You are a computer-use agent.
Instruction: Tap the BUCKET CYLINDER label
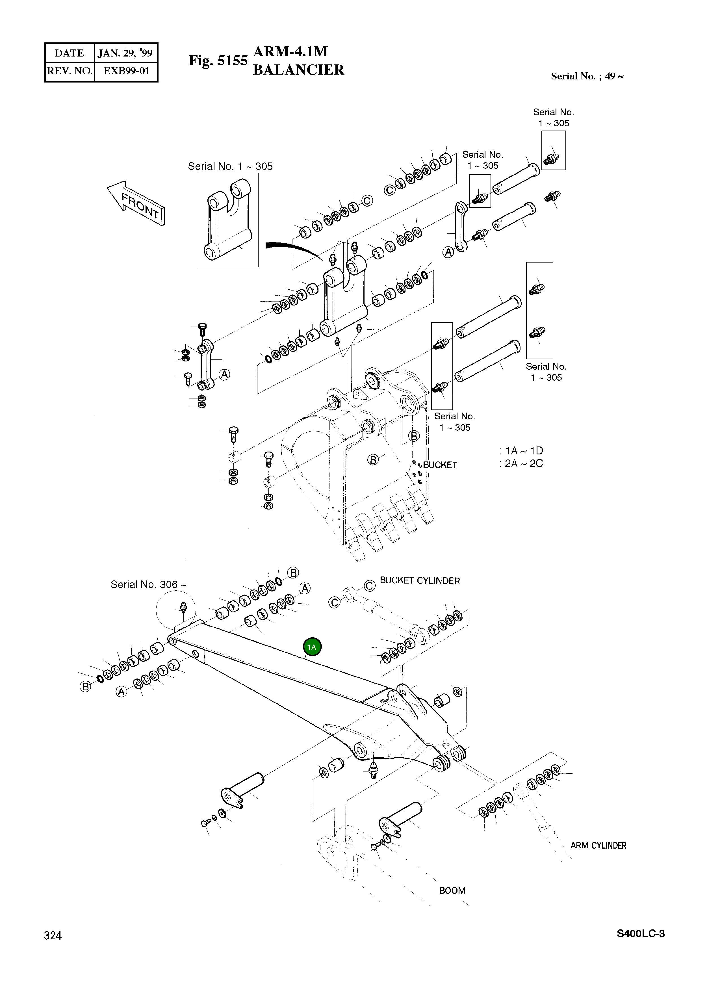420,581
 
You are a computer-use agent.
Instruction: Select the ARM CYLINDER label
598,845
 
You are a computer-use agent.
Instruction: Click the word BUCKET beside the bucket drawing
440,465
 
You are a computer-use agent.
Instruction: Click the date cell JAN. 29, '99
125,53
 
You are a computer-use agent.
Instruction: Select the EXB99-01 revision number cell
126,71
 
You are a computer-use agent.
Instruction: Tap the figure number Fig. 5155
218,61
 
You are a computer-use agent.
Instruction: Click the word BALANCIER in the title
298,70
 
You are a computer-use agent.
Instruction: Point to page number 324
53,936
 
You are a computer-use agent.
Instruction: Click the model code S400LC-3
640,933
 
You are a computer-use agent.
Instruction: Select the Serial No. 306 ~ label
149,584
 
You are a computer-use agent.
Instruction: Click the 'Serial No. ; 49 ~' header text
587,76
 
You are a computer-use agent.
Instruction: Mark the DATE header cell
69,53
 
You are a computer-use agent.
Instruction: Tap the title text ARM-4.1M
290,51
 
